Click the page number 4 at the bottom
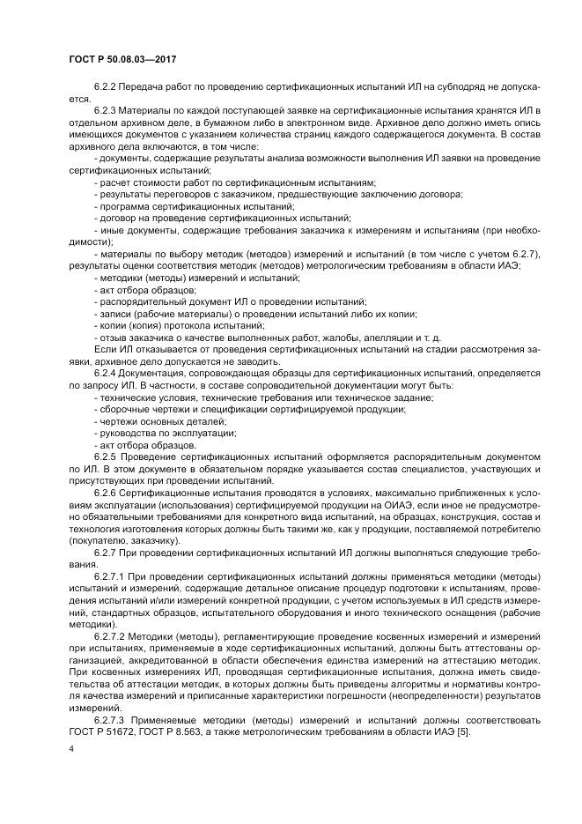pos(71,748)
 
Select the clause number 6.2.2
pos(107,90)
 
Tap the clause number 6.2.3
pos(107,109)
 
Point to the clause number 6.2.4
pos(107,374)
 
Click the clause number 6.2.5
pos(107,459)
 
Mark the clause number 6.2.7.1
pos(111,575)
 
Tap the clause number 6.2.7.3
pos(111,720)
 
